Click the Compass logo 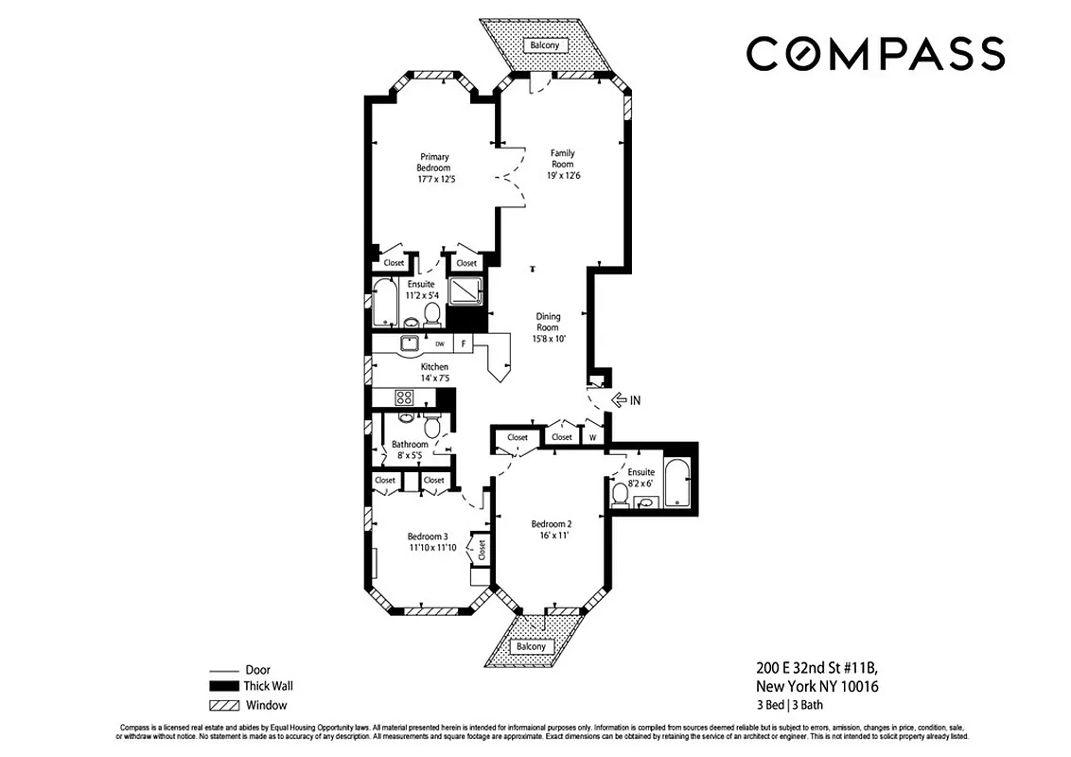click(x=875, y=54)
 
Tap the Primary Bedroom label click(x=434, y=163)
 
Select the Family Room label click(x=562, y=159)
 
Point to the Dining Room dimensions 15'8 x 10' click(x=549, y=339)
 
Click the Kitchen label click(x=434, y=367)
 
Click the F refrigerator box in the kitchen click(x=464, y=343)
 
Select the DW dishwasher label click(x=439, y=343)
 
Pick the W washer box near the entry click(x=592, y=437)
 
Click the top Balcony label click(x=544, y=45)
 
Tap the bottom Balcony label click(x=531, y=647)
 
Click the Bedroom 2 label click(x=551, y=524)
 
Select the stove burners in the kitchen click(x=404, y=397)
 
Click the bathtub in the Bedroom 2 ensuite click(x=677, y=483)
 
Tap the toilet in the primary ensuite click(x=431, y=311)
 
